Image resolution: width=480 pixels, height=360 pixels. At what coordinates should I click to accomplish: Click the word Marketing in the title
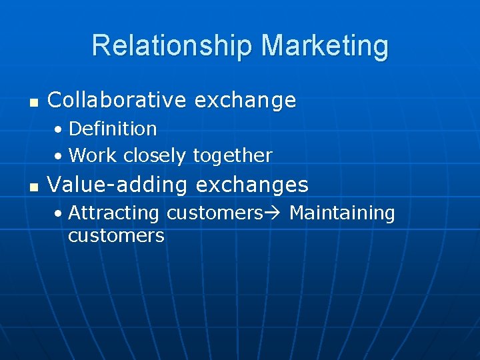325,46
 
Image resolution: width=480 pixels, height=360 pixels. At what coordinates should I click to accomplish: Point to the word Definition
113,128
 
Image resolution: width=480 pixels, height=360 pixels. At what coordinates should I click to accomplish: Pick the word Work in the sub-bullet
93,155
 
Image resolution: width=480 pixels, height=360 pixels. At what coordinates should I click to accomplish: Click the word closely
155,156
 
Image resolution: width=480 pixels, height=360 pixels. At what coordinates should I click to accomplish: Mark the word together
233,156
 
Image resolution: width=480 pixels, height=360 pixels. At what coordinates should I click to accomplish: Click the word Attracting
113,213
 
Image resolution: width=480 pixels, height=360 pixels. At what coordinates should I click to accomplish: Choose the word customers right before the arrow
215,213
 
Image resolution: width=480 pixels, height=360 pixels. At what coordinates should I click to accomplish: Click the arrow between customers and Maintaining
273,213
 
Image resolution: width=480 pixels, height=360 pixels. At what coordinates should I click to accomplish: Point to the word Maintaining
342,213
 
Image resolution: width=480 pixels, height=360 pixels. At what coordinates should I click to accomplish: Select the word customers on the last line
116,236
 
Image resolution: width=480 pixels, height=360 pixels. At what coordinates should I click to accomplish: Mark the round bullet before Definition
59,129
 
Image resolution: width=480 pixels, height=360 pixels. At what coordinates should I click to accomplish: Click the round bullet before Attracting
59,214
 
